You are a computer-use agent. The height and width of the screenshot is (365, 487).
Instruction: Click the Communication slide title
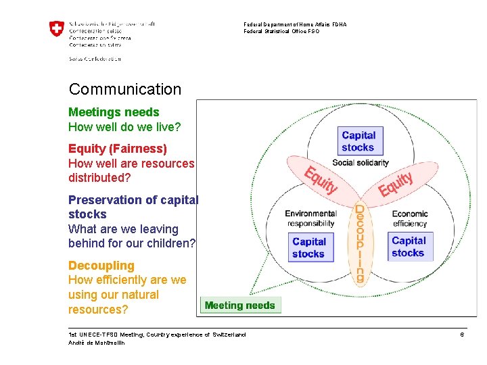(125, 89)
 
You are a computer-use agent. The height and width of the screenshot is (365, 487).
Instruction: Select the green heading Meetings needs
(114, 112)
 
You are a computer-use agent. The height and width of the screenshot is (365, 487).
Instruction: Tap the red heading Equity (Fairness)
(118, 148)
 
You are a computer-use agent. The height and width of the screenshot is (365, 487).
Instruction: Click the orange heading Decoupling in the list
(101, 266)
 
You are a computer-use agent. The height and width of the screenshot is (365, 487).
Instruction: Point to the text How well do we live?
(124, 127)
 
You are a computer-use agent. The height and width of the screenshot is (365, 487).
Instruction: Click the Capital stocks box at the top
(358, 141)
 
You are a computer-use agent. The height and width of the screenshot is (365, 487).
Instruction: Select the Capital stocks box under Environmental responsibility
(309, 247)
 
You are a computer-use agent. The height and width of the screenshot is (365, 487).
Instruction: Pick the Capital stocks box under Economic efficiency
(408, 247)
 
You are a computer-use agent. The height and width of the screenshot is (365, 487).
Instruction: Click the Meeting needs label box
(240, 306)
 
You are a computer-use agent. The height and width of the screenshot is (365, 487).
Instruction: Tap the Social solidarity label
(361, 162)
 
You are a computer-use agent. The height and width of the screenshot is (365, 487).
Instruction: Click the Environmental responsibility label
(310, 218)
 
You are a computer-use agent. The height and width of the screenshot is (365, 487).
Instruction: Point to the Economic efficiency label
(410, 218)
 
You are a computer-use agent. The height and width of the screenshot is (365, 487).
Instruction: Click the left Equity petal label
(320, 180)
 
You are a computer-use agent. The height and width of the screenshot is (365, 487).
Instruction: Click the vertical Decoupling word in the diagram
(360, 243)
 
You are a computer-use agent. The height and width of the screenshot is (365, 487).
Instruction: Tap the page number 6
(462, 335)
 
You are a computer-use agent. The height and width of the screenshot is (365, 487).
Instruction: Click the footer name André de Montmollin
(97, 343)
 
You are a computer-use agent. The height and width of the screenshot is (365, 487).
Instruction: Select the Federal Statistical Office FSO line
(281, 31)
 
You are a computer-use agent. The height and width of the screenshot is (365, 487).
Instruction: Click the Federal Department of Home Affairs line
(295, 24)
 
